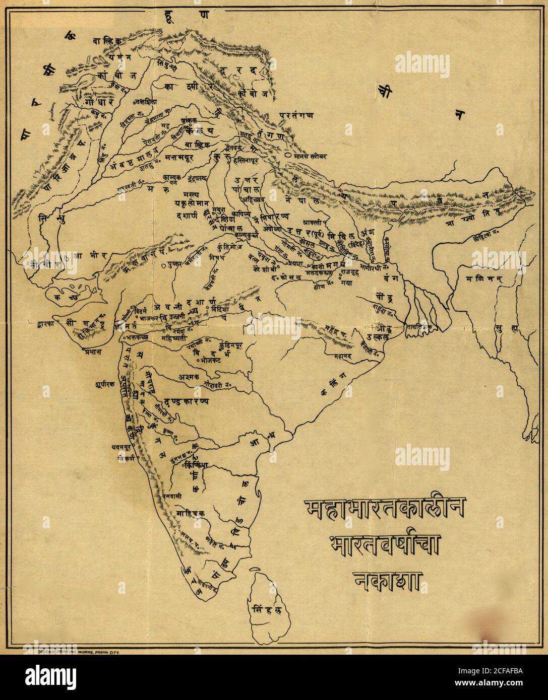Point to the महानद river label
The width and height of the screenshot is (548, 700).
[x=344, y=355]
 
